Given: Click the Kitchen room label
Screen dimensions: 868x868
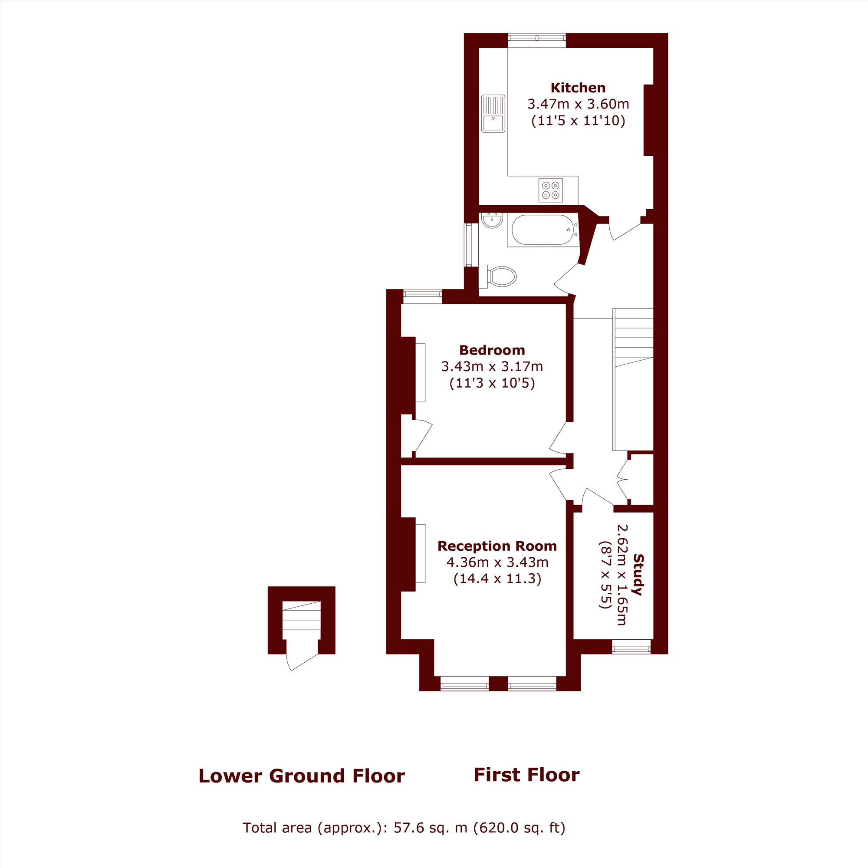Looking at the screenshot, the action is pyautogui.click(x=578, y=88).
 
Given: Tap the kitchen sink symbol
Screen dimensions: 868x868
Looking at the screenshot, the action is pyautogui.click(x=493, y=113).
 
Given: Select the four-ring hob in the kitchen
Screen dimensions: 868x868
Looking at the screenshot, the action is pyautogui.click(x=550, y=190).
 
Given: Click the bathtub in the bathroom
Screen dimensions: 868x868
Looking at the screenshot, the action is pyautogui.click(x=543, y=230).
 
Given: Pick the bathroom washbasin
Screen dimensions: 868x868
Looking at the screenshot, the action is pyautogui.click(x=492, y=220).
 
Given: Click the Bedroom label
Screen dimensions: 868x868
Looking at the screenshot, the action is pyautogui.click(x=492, y=350).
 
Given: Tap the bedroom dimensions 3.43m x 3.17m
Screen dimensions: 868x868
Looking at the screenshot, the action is pyautogui.click(x=492, y=367).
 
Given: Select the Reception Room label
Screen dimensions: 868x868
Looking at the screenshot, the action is pyautogui.click(x=497, y=546).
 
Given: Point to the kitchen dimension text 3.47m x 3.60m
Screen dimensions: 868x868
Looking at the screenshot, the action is pyautogui.click(x=578, y=104).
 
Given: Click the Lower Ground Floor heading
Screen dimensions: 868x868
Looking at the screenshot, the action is pyautogui.click(x=302, y=776).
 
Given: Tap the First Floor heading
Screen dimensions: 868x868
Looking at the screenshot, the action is pyautogui.click(x=526, y=775).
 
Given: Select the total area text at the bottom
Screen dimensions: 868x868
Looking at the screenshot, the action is pyautogui.click(x=404, y=828).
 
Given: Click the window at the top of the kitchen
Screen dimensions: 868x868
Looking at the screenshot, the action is pyautogui.click(x=537, y=40).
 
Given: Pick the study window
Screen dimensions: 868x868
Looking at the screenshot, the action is pyautogui.click(x=631, y=647).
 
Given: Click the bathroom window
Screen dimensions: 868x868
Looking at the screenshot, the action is pyautogui.click(x=471, y=245).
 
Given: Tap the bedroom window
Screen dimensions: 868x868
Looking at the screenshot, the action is pyautogui.click(x=422, y=296).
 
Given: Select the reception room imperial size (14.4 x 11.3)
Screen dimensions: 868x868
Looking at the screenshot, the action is pyautogui.click(x=497, y=578).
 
